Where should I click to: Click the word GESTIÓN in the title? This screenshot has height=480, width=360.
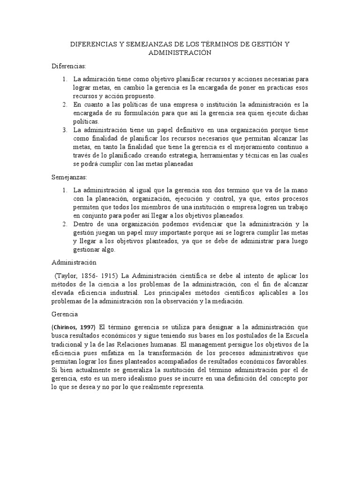point(265,45)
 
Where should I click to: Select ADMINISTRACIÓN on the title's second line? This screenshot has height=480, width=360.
point(180,52)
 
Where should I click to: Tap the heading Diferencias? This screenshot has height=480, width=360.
point(69,66)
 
